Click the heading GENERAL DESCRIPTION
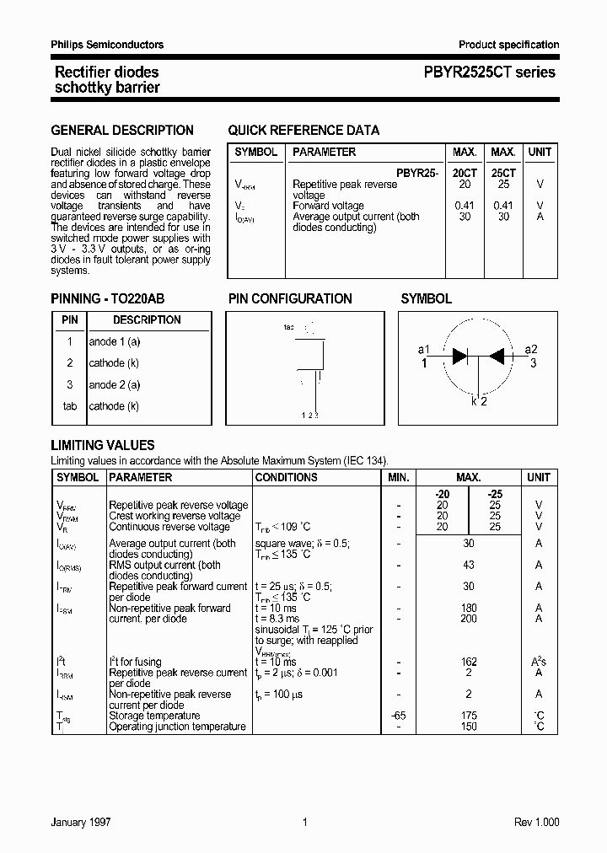pyautogui.click(x=122, y=131)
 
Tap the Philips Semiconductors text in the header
pyautogui.click(x=107, y=45)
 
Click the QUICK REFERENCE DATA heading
pyautogui.click(x=303, y=131)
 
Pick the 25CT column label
pyautogui.click(x=502, y=173)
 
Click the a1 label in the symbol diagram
pyautogui.click(x=424, y=350)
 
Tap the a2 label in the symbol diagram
pyautogui.click(x=531, y=350)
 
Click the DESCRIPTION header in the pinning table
pyautogui.click(x=147, y=320)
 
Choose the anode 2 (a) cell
pyautogui.click(x=115, y=384)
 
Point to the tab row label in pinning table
pyautogui.click(x=70, y=406)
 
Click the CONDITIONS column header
pyautogui.click(x=286, y=477)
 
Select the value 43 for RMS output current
pyautogui.click(x=469, y=565)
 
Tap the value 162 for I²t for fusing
pyautogui.click(x=469, y=663)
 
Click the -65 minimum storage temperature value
pyautogui.click(x=399, y=716)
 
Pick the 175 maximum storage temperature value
pyautogui.click(x=469, y=716)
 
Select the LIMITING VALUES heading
pyautogui.click(x=103, y=446)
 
